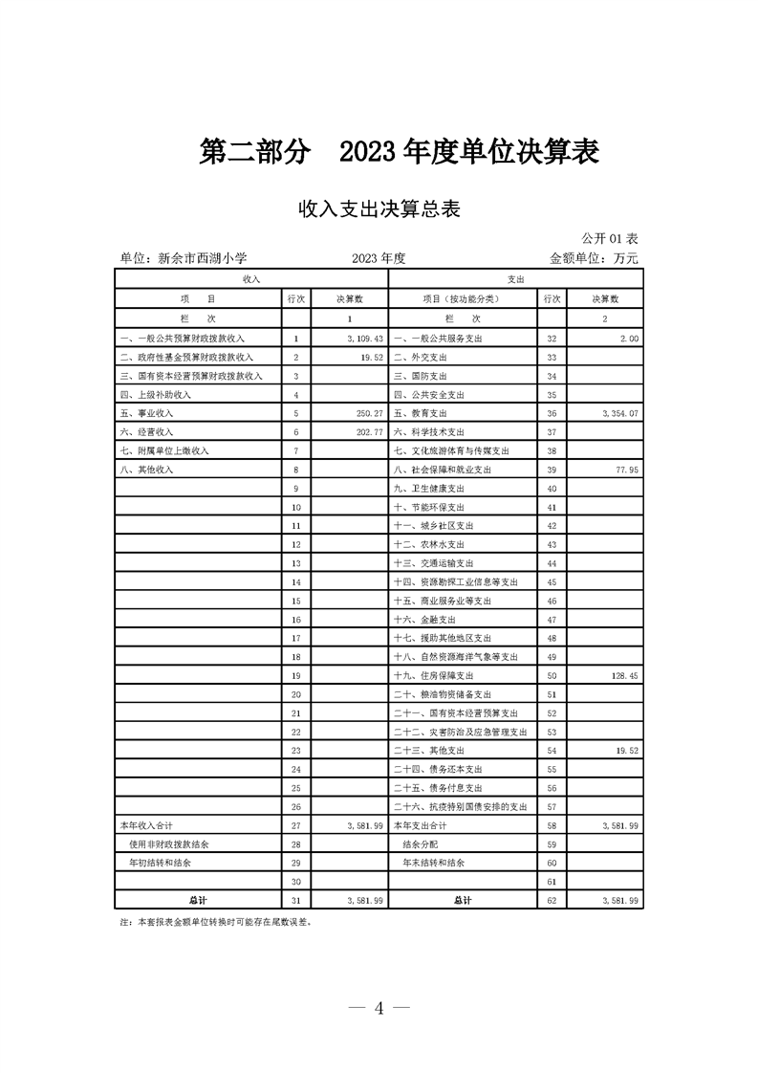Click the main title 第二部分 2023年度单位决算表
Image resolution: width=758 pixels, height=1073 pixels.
[x=399, y=153]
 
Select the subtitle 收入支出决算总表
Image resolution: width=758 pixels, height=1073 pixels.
[x=379, y=209]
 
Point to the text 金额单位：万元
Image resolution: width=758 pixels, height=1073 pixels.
[x=593, y=258]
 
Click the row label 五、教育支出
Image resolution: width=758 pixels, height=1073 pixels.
[x=421, y=413]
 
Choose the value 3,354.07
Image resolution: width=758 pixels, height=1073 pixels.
[x=620, y=413]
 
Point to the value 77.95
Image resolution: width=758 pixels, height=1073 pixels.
[x=626, y=470]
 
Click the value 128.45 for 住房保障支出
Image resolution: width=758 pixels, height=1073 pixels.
[x=624, y=675]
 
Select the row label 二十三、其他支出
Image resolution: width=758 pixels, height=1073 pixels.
[x=430, y=750]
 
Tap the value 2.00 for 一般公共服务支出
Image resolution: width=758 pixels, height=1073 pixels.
[x=629, y=339]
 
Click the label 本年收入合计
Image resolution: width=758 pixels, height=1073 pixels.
[x=145, y=824]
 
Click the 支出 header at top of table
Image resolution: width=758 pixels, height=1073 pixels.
[x=515, y=277]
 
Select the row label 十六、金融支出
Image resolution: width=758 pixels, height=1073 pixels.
[x=423, y=619]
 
